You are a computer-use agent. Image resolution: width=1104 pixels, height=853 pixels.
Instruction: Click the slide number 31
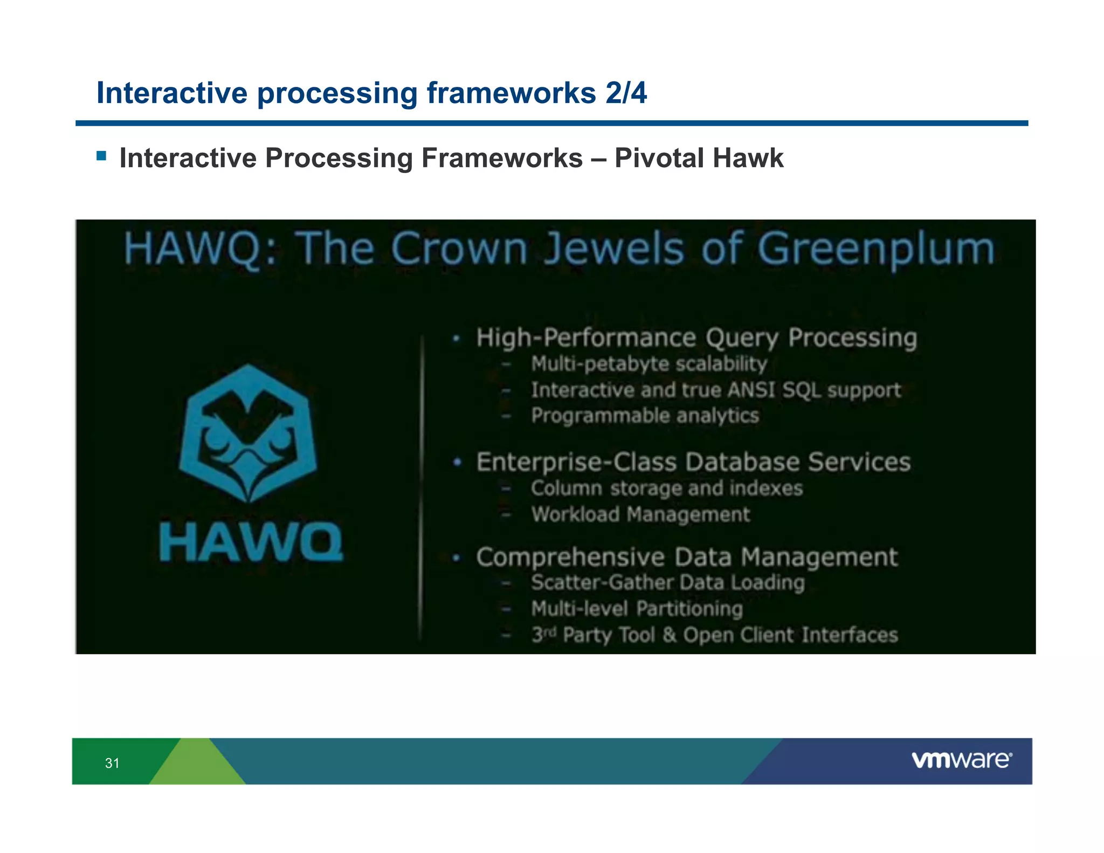click(x=112, y=763)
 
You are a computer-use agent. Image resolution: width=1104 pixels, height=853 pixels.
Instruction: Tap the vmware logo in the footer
click(x=962, y=760)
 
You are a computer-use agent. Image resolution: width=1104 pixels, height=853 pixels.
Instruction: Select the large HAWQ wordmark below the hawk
click(x=251, y=542)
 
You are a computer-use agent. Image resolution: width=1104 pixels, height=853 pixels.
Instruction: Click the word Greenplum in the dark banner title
click(x=875, y=249)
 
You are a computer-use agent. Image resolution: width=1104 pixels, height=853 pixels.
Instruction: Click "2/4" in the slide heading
click(x=626, y=93)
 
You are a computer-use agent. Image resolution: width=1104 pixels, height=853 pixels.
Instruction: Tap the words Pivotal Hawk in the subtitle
click(x=699, y=159)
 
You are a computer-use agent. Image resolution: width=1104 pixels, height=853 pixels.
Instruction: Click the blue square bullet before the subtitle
click(x=101, y=156)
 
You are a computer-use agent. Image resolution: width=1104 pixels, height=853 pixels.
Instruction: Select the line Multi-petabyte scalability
click(x=648, y=364)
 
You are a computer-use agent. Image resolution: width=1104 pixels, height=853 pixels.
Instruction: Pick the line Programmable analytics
click(x=645, y=416)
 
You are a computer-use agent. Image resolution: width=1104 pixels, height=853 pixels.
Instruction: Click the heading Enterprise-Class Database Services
click(x=693, y=462)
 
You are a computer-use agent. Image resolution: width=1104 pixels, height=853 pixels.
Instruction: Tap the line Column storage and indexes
click(x=666, y=489)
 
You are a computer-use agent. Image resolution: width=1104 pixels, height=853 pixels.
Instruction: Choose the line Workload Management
click(x=640, y=514)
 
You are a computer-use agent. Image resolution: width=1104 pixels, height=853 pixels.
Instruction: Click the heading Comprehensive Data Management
click(x=687, y=557)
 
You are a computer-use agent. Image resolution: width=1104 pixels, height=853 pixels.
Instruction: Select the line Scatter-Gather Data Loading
click(x=667, y=583)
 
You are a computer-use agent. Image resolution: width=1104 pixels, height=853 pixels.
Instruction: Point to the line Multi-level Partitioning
click(x=637, y=609)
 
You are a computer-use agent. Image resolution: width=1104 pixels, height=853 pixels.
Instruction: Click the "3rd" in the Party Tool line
click(x=543, y=634)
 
